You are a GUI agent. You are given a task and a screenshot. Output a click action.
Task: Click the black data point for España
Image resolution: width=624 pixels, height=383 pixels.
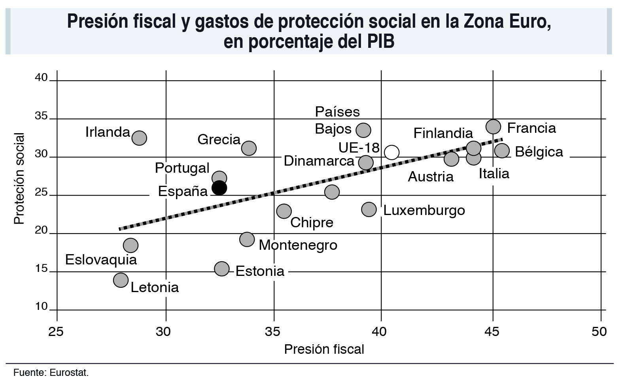(219, 188)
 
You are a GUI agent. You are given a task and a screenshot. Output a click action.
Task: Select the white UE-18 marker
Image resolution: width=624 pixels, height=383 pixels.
(391, 152)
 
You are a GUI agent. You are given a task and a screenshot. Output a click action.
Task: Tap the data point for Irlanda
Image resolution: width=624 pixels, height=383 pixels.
(139, 138)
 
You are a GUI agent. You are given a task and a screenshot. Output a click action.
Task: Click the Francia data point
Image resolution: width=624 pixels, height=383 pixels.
(493, 126)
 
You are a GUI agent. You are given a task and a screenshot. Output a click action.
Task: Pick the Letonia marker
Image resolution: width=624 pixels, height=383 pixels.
(121, 280)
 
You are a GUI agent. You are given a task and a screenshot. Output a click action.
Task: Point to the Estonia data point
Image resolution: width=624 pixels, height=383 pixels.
(222, 269)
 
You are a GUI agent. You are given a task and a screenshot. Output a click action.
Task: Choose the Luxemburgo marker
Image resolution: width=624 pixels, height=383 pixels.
(369, 209)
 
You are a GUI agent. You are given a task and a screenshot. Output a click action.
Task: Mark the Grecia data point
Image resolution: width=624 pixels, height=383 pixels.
(249, 148)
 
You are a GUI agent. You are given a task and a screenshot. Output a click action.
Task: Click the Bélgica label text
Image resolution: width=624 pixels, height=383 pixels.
(539, 152)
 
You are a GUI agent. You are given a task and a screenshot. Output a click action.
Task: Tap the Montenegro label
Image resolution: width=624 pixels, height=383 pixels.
(298, 245)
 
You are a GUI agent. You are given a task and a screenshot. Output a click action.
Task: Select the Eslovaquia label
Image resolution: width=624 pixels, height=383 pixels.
(101, 260)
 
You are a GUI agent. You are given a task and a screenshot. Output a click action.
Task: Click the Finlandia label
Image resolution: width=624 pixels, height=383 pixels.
(443, 133)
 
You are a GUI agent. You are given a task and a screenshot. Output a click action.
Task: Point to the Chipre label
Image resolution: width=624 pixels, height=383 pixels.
(312, 222)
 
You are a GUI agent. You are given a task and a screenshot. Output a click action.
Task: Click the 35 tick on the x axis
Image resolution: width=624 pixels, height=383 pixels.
(273, 331)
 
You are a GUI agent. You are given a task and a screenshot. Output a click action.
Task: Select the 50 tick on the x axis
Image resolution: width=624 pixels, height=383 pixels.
(599, 331)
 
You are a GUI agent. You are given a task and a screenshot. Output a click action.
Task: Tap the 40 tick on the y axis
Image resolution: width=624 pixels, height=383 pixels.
(41, 77)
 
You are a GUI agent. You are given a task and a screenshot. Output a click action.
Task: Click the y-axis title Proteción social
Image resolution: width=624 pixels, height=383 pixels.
(19, 179)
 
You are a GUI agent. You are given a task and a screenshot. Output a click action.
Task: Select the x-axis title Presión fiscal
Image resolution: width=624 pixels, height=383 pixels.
(324, 349)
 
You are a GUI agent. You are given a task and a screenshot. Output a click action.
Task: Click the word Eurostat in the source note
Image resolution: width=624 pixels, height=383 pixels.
(69, 373)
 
